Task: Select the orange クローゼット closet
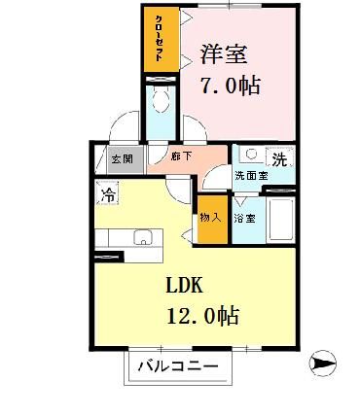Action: (157, 40)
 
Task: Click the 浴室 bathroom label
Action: (244, 220)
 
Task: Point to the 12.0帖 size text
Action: (203, 317)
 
